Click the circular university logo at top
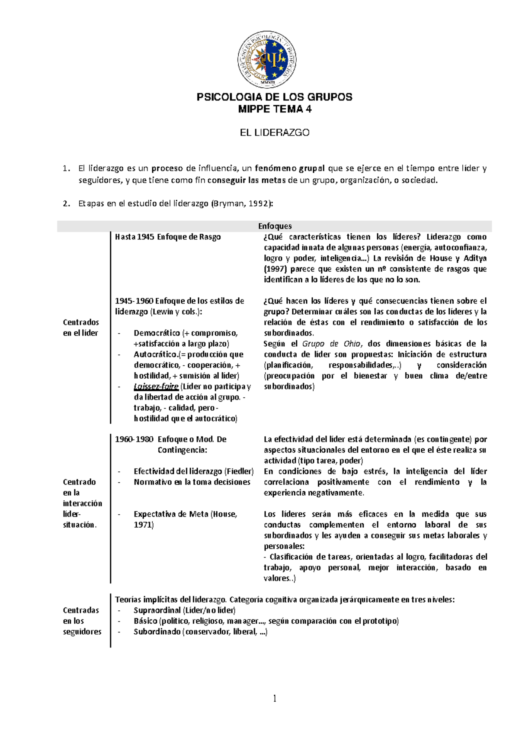267,60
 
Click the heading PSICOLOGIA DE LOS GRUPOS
274,97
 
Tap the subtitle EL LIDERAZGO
274,132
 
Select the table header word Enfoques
275,226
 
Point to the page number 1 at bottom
274,698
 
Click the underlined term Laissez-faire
156,387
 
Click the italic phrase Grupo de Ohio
331,344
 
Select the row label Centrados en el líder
81,328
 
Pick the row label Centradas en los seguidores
82,621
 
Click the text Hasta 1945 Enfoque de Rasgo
168,237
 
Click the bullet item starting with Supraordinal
184,610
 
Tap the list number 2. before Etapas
66,203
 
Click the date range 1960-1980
134,439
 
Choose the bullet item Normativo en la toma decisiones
192,482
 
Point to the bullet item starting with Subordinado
200,632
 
